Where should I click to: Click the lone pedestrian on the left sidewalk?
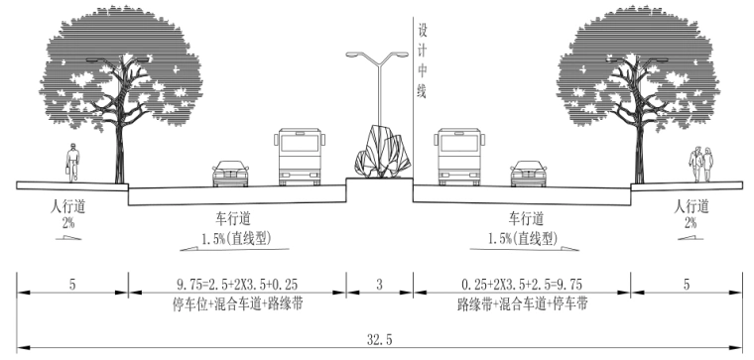click(70, 162)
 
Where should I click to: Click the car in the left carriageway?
click(230, 173)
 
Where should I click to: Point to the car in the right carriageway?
click(527, 173)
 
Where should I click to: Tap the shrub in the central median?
click(378, 153)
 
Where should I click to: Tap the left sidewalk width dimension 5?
click(71, 285)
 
